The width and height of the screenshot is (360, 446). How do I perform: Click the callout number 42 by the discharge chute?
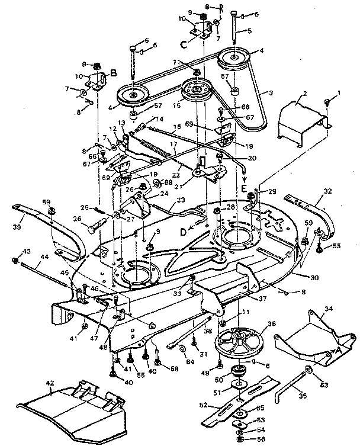pyautogui.click(x=51, y=384)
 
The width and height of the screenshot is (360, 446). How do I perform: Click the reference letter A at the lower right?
pyautogui.click(x=338, y=349)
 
